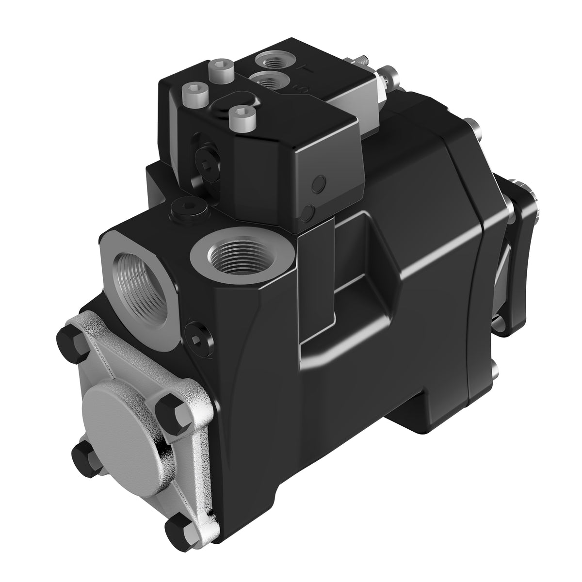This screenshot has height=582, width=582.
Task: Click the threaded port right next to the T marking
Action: click(x=275, y=62)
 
